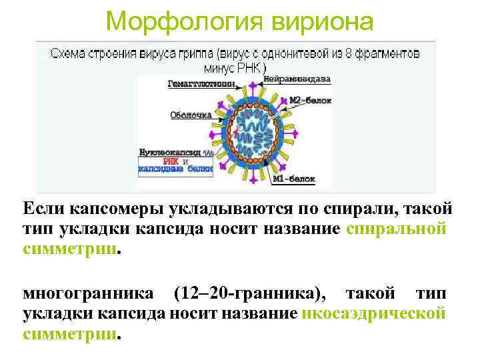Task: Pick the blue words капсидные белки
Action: pyautogui.click(x=175, y=169)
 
